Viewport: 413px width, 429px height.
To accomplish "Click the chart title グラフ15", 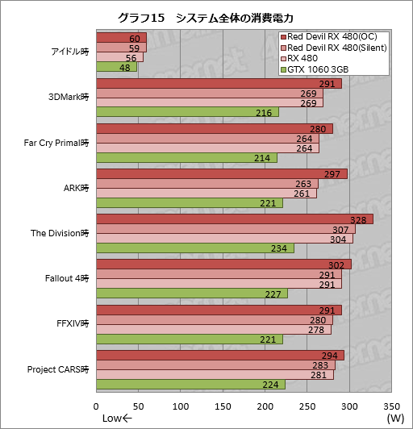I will pos(206,16).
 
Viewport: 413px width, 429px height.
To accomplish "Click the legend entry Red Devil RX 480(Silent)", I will pos(338,49).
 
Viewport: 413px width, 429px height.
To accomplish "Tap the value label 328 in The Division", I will pos(365,219).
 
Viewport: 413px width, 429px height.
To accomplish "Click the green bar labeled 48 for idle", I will pos(116,68).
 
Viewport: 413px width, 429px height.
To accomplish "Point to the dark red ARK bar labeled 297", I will pos(221,174).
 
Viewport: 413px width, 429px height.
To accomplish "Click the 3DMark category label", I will pos(69,98).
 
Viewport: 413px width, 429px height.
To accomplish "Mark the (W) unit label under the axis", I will pos(395,419).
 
